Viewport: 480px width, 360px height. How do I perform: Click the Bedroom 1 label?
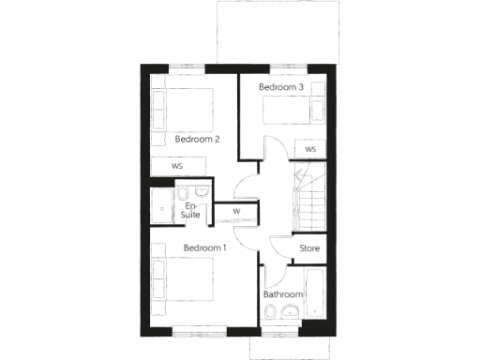[x=204, y=247]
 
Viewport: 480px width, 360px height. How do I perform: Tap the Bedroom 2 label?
[x=197, y=140]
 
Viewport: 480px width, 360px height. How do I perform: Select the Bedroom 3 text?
[x=281, y=87]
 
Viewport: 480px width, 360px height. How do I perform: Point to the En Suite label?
[x=191, y=210]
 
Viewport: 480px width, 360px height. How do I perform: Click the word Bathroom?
[x=283, y=294]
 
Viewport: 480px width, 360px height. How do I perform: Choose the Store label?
[x=309, y=248]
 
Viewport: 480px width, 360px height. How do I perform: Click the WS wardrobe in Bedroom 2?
[x=176, y=166]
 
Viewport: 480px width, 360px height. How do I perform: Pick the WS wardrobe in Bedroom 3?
[x=309, y=149]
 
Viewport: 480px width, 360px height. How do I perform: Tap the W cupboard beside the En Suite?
[x=236, y=211]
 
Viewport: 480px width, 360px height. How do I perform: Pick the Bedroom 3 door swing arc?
[x=272, y=150]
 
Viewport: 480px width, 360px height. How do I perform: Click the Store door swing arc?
[x=279, y=247]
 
